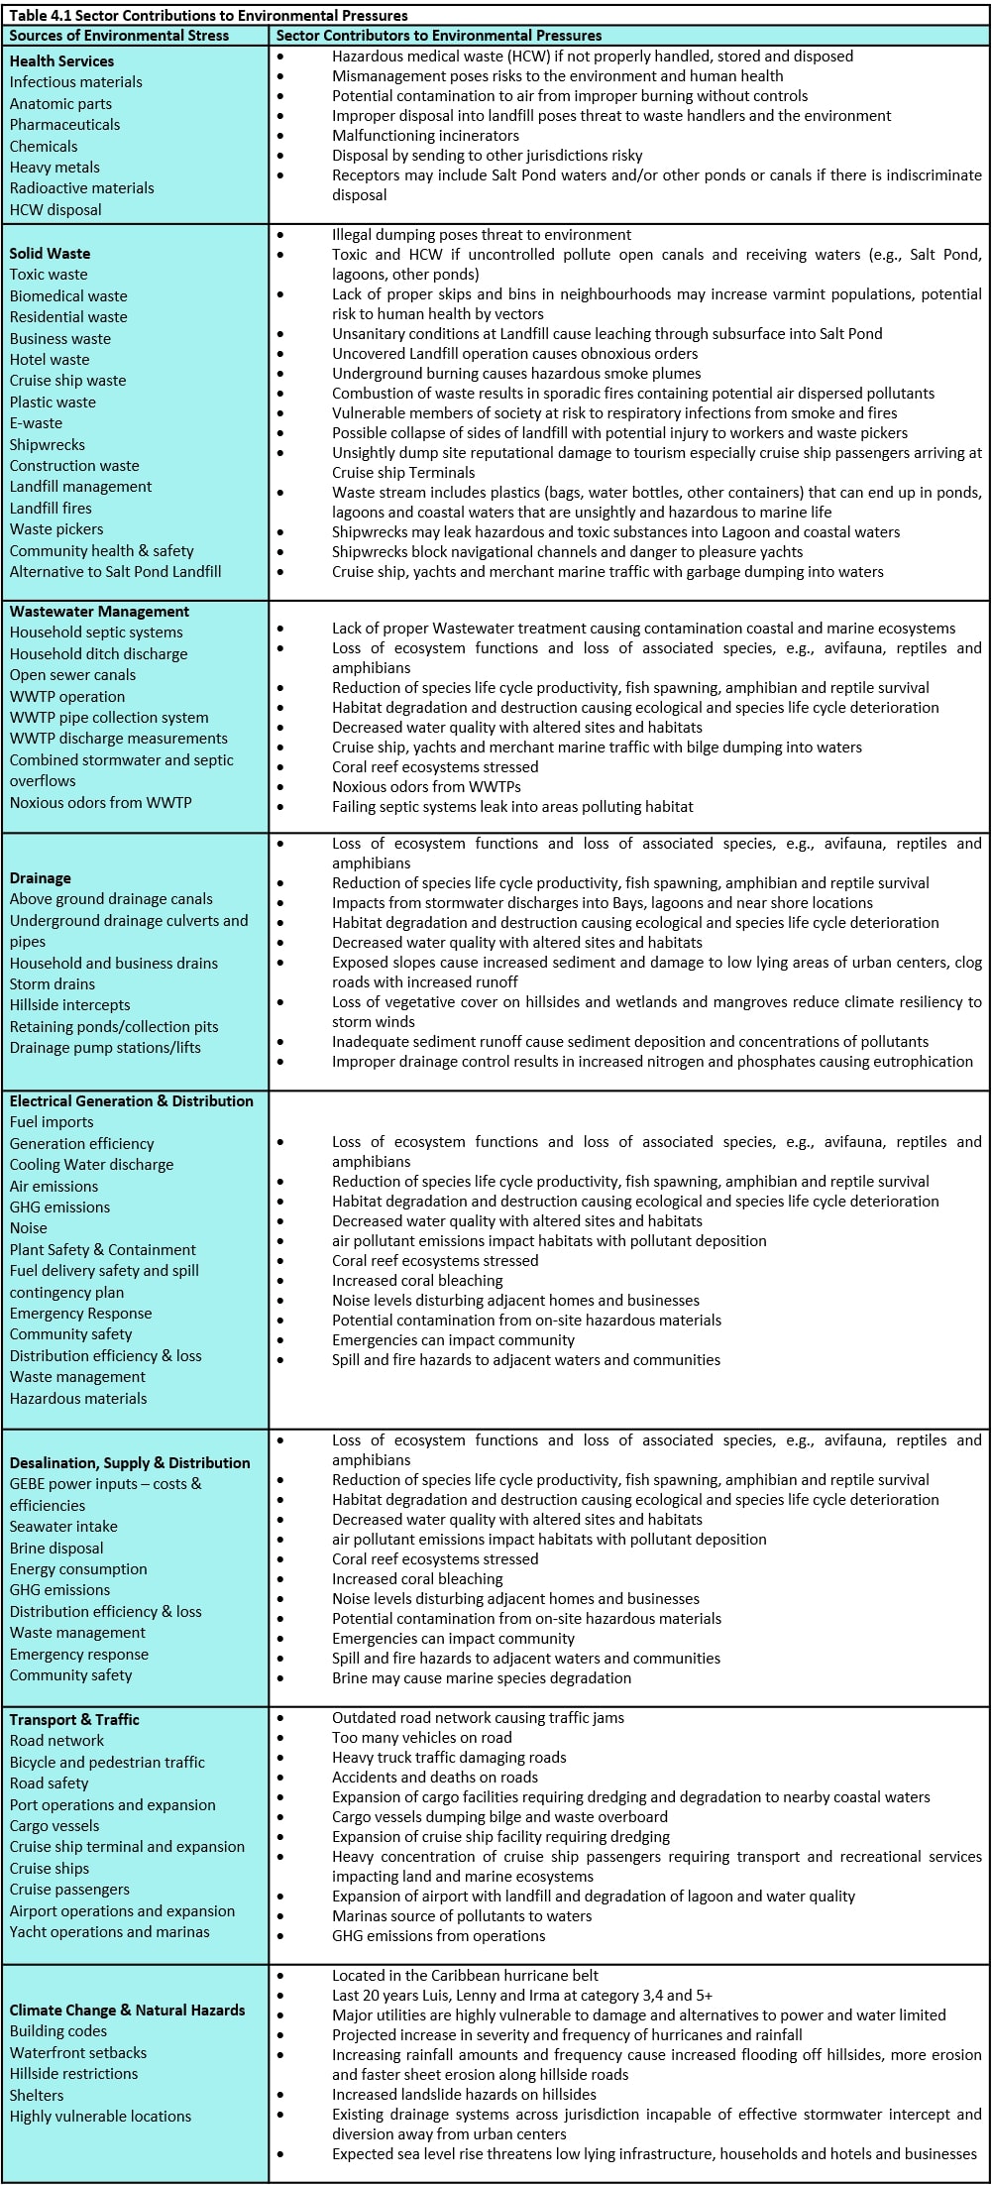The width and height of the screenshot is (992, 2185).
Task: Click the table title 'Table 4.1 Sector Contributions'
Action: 208,15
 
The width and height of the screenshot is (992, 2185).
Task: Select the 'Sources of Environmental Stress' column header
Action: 119,36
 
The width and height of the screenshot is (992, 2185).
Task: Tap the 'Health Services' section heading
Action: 61,61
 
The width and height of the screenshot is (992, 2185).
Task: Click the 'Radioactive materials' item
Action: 81,188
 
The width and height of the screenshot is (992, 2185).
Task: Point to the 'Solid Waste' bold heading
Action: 50,254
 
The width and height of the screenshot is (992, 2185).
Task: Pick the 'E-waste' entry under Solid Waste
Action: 36,423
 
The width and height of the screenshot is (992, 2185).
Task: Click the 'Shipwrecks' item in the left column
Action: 47,445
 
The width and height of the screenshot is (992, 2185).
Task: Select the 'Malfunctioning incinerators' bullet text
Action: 425,136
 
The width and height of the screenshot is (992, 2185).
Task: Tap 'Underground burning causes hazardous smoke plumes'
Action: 516,374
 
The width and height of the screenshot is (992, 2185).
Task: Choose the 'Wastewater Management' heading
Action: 99,612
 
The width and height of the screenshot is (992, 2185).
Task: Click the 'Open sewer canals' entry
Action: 72,675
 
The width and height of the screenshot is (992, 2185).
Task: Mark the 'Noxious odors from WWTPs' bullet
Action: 426,787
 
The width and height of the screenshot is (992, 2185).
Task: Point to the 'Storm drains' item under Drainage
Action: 53,984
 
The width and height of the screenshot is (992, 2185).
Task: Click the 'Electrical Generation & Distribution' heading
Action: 131,1101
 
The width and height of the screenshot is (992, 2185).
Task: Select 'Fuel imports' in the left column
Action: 52,1122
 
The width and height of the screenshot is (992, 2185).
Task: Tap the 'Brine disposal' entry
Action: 56,1549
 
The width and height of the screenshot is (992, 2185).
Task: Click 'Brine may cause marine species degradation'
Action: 482,1678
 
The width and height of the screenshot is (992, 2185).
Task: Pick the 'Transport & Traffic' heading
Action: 74,1720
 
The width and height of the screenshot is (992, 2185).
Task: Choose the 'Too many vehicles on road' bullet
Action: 422,1738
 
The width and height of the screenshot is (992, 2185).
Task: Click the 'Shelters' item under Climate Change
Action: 37,2096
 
